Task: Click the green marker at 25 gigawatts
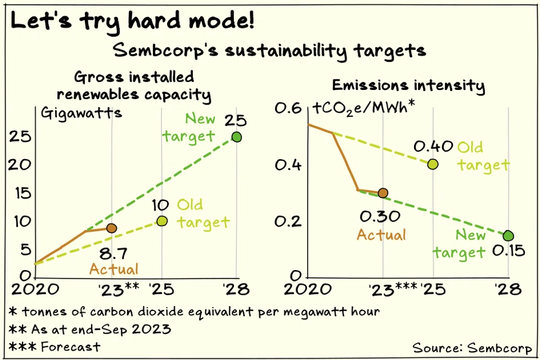(236, 137)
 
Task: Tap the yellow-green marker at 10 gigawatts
(162, 220)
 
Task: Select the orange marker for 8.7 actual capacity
(111, 228)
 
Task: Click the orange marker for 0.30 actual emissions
(383, 193)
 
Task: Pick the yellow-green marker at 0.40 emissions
(433, 164)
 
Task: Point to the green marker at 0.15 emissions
(508, 236)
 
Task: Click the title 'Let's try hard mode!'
(133, 21)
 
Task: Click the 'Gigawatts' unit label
(82, 112)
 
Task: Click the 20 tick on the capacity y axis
(18, 164)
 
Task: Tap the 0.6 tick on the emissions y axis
(286, 108)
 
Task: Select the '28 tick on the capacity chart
(236, 290)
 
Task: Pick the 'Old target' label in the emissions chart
(483, 156)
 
